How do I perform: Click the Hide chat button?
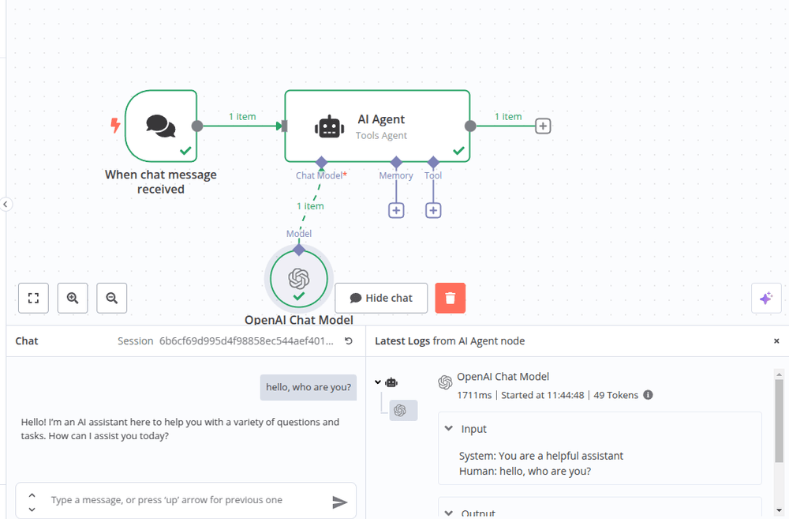click(381, 298)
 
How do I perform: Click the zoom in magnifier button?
click(73, 298)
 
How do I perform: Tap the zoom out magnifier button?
click(112, 298)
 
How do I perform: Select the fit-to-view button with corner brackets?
click(33, 298)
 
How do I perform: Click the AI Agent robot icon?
click(328, 126)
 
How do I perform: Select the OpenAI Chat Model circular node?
click(298, 279)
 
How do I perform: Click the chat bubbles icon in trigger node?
click(161, 126)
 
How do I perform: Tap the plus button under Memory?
click(396, 210)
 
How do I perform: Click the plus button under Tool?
click(433, 210)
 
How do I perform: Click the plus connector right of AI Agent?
click(543, 126)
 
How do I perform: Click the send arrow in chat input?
click(339, 502)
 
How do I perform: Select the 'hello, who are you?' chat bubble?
click(308, 387)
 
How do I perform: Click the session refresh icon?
click(349, 341)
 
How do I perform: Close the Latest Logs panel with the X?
click(776, 341)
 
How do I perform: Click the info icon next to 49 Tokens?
click(648, 395)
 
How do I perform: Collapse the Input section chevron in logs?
click(449, 429)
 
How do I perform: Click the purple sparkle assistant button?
click(765, 298)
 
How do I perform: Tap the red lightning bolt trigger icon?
click(116, 126)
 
